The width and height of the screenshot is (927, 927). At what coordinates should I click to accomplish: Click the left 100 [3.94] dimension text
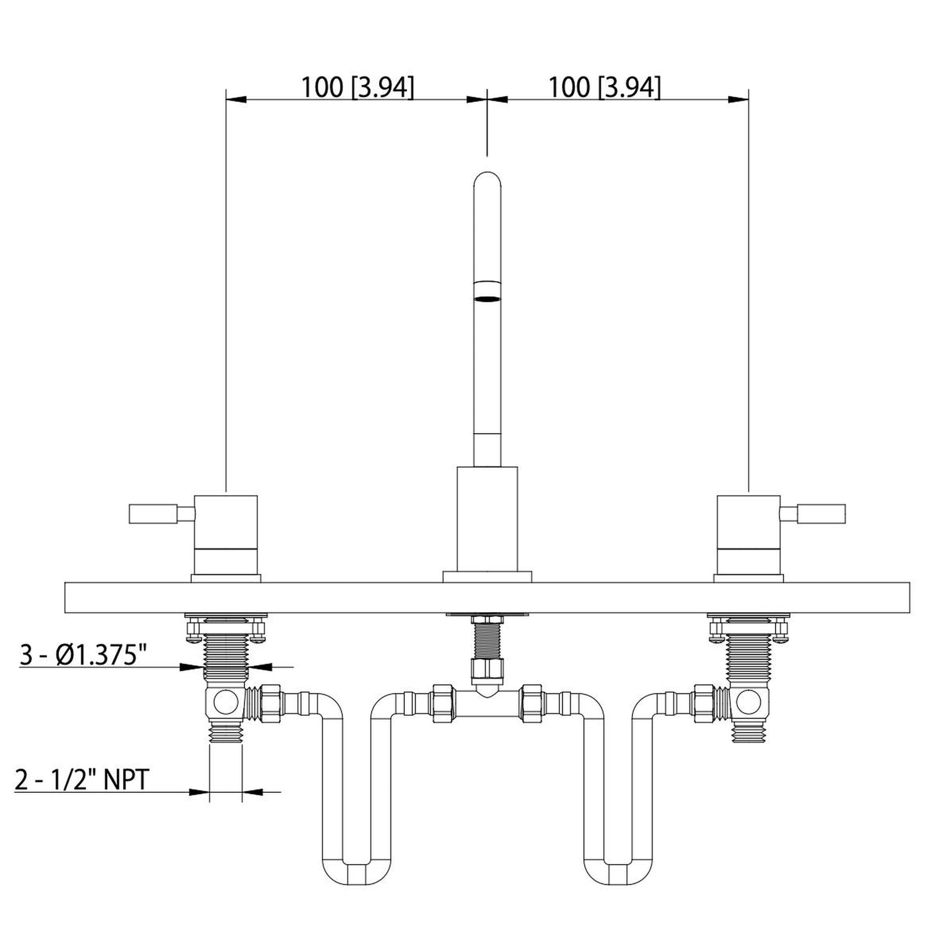click(357, 87)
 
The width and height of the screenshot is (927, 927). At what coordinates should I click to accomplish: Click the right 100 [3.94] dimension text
click(603, 87)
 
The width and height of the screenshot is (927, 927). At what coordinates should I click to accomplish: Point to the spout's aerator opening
click(487, 298)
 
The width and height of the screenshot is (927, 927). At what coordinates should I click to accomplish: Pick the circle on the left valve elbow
click(226, 703)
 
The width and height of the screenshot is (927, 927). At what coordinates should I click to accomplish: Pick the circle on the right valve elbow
click(748, 703)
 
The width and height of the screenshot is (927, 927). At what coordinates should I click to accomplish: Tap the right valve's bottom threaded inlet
click(748, 733)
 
